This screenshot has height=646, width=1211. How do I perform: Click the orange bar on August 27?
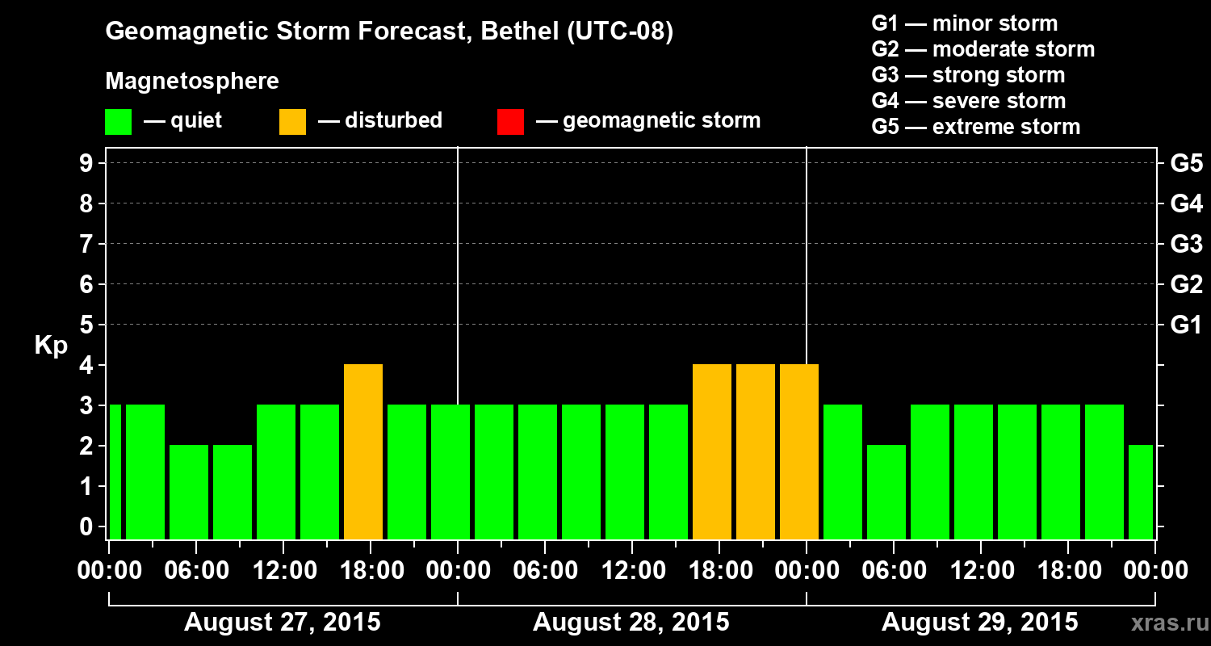(363, 451)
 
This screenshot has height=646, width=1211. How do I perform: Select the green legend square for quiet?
(118, 121)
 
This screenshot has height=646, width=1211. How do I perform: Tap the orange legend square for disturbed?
(292, 121)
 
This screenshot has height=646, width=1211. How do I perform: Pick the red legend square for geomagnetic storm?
(510, 121)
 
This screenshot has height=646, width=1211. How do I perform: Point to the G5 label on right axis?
(1186, 164)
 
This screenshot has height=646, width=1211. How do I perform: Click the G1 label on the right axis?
(1186, 325)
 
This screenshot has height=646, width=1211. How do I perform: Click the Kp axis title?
(51, 346)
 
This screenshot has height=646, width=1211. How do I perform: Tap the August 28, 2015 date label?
(631, 623)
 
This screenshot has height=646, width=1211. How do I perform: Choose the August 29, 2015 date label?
(979, 623)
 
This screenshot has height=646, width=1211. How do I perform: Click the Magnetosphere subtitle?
(192, 82)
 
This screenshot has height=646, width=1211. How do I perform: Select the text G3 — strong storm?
(968, 75)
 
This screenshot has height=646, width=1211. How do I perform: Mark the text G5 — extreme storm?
(975, 127)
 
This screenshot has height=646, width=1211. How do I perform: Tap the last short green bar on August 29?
(1141, 492)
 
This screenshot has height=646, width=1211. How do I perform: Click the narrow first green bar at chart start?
(115, 472)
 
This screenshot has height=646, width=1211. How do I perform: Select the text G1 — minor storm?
(964, 23)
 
